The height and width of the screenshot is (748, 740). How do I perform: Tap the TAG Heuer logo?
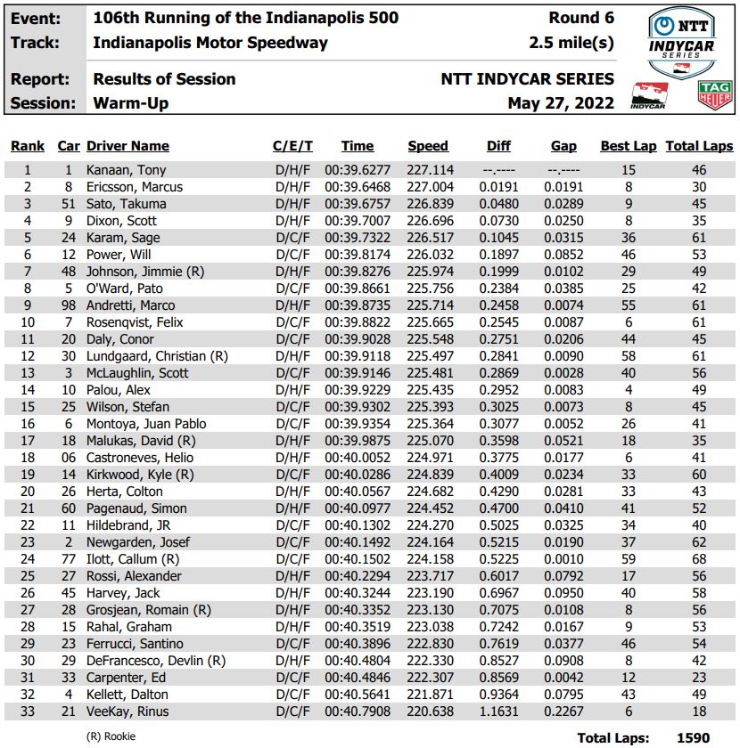(715, 94)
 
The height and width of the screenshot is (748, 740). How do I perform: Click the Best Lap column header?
(629, 146)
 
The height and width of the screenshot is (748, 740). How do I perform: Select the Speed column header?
(428, 146)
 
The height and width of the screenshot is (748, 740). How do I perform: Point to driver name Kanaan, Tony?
(126, 170)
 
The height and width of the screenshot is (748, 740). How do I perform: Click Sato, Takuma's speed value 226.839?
(431, 204)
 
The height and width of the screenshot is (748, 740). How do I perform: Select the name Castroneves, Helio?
(139, 458)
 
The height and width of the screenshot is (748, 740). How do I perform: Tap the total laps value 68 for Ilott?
(698, 559)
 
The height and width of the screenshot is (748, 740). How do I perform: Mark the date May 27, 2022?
(561, 103)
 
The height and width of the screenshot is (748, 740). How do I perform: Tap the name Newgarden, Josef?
(138, 542)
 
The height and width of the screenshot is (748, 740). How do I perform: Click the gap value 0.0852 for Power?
(563, 255)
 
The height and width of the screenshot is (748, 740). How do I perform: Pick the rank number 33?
(28, 711)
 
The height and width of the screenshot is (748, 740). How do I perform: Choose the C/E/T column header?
(292, 146)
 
